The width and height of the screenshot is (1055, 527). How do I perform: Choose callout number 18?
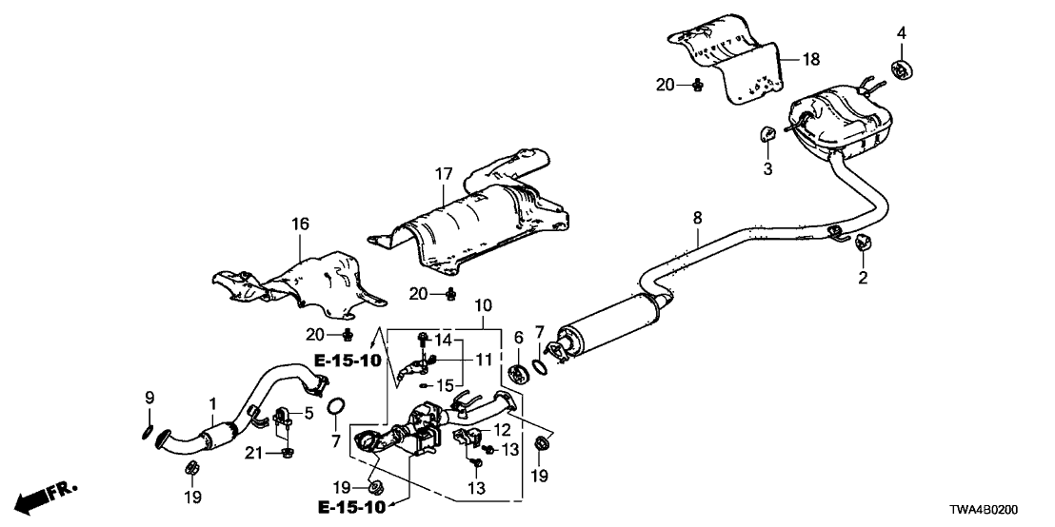pyautogui.click(x=811, y=59)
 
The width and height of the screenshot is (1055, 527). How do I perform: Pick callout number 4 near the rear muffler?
pyautogui.click(x=901, y=35)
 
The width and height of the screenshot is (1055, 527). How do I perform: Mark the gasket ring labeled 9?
pyautogui.click(x=147, y=433)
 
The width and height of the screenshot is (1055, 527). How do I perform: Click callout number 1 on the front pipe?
pyautogui.click(x=212, y=403)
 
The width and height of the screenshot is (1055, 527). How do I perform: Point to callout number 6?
pyautogui.click(x=519, y=337)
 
